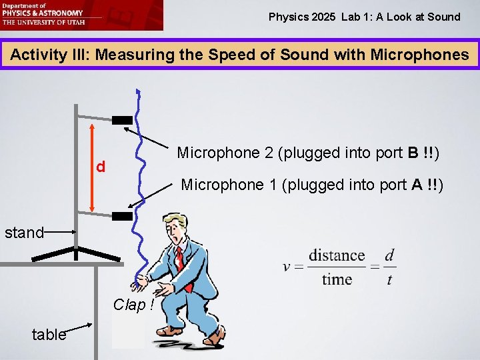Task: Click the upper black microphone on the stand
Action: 122,121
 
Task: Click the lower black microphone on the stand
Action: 122,216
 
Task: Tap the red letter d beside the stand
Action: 100,165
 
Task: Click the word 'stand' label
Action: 24,233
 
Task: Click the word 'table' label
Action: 49,335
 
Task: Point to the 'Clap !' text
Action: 134,305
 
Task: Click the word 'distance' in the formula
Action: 337,256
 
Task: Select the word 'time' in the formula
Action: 337,279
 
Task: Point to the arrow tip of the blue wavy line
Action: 138,91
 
